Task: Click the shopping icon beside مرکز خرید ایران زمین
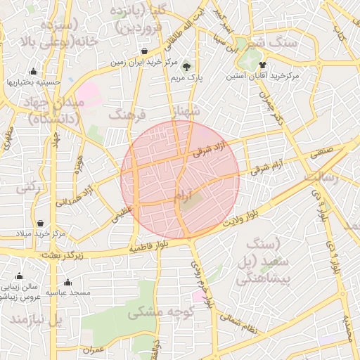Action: pos(144,51)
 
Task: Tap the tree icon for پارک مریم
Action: pos(186,67)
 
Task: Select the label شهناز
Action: pos(186,110)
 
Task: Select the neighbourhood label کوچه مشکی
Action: pos(157,311)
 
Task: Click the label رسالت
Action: pos(321,179)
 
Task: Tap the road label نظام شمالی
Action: pos(241,323)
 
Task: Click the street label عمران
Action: pos(93,349)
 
